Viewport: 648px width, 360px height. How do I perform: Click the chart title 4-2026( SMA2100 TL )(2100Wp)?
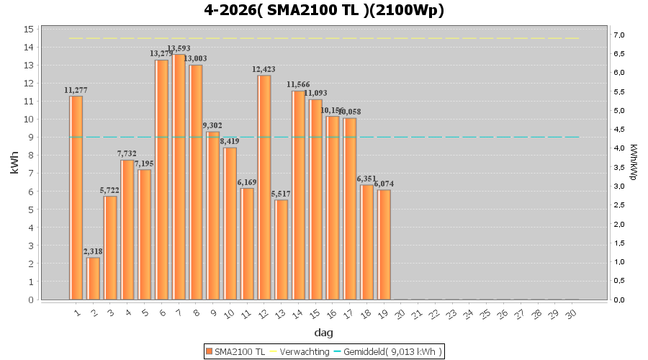[324, 11]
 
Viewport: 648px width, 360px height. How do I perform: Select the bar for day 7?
[179, 176]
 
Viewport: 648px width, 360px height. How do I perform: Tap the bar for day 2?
[93, 278]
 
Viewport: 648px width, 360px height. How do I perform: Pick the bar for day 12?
[265, 187]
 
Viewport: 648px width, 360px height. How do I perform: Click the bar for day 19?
[384, 244]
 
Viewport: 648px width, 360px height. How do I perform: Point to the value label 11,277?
[76, 90]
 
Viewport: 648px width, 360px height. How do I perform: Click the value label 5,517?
[282, 194]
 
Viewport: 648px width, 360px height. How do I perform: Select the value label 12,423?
[264, 70]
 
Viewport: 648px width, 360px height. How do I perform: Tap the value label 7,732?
[127, 154]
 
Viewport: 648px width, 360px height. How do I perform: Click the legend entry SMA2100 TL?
[235, 351]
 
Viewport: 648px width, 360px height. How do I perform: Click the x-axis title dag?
[324, 333]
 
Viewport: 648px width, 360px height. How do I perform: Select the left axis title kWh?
[14, 164]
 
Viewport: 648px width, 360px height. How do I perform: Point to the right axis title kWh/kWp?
[633, 162]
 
